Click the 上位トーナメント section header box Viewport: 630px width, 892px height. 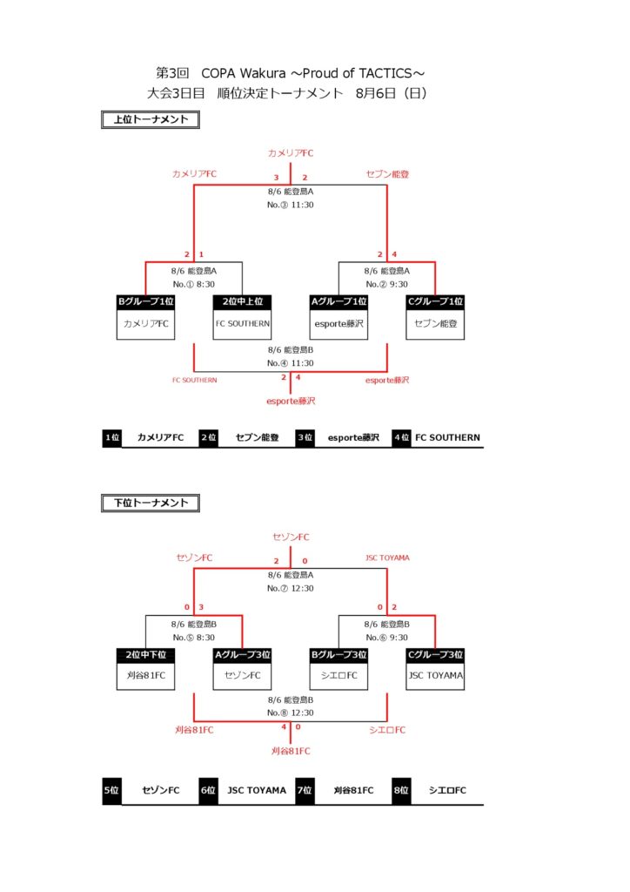151,120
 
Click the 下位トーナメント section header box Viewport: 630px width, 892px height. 151,503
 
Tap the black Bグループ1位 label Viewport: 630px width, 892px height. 145,302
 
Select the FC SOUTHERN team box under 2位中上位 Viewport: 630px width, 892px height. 243,324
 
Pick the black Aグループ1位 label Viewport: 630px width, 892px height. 339,302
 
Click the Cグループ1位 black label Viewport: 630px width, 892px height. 435,302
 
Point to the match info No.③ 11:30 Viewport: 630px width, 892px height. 291,206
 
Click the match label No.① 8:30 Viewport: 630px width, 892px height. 194,284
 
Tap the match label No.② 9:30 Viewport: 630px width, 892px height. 387,284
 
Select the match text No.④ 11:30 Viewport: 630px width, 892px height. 291,363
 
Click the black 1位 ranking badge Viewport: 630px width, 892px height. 111,438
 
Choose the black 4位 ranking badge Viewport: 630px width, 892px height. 401,438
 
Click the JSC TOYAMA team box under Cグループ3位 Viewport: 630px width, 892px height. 435,676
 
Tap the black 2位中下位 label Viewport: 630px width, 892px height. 145,655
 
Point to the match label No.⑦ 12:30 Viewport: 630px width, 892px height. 291,588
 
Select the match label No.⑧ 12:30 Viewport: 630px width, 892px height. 291,713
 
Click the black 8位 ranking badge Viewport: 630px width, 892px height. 401,791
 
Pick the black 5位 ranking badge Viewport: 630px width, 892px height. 111,791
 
